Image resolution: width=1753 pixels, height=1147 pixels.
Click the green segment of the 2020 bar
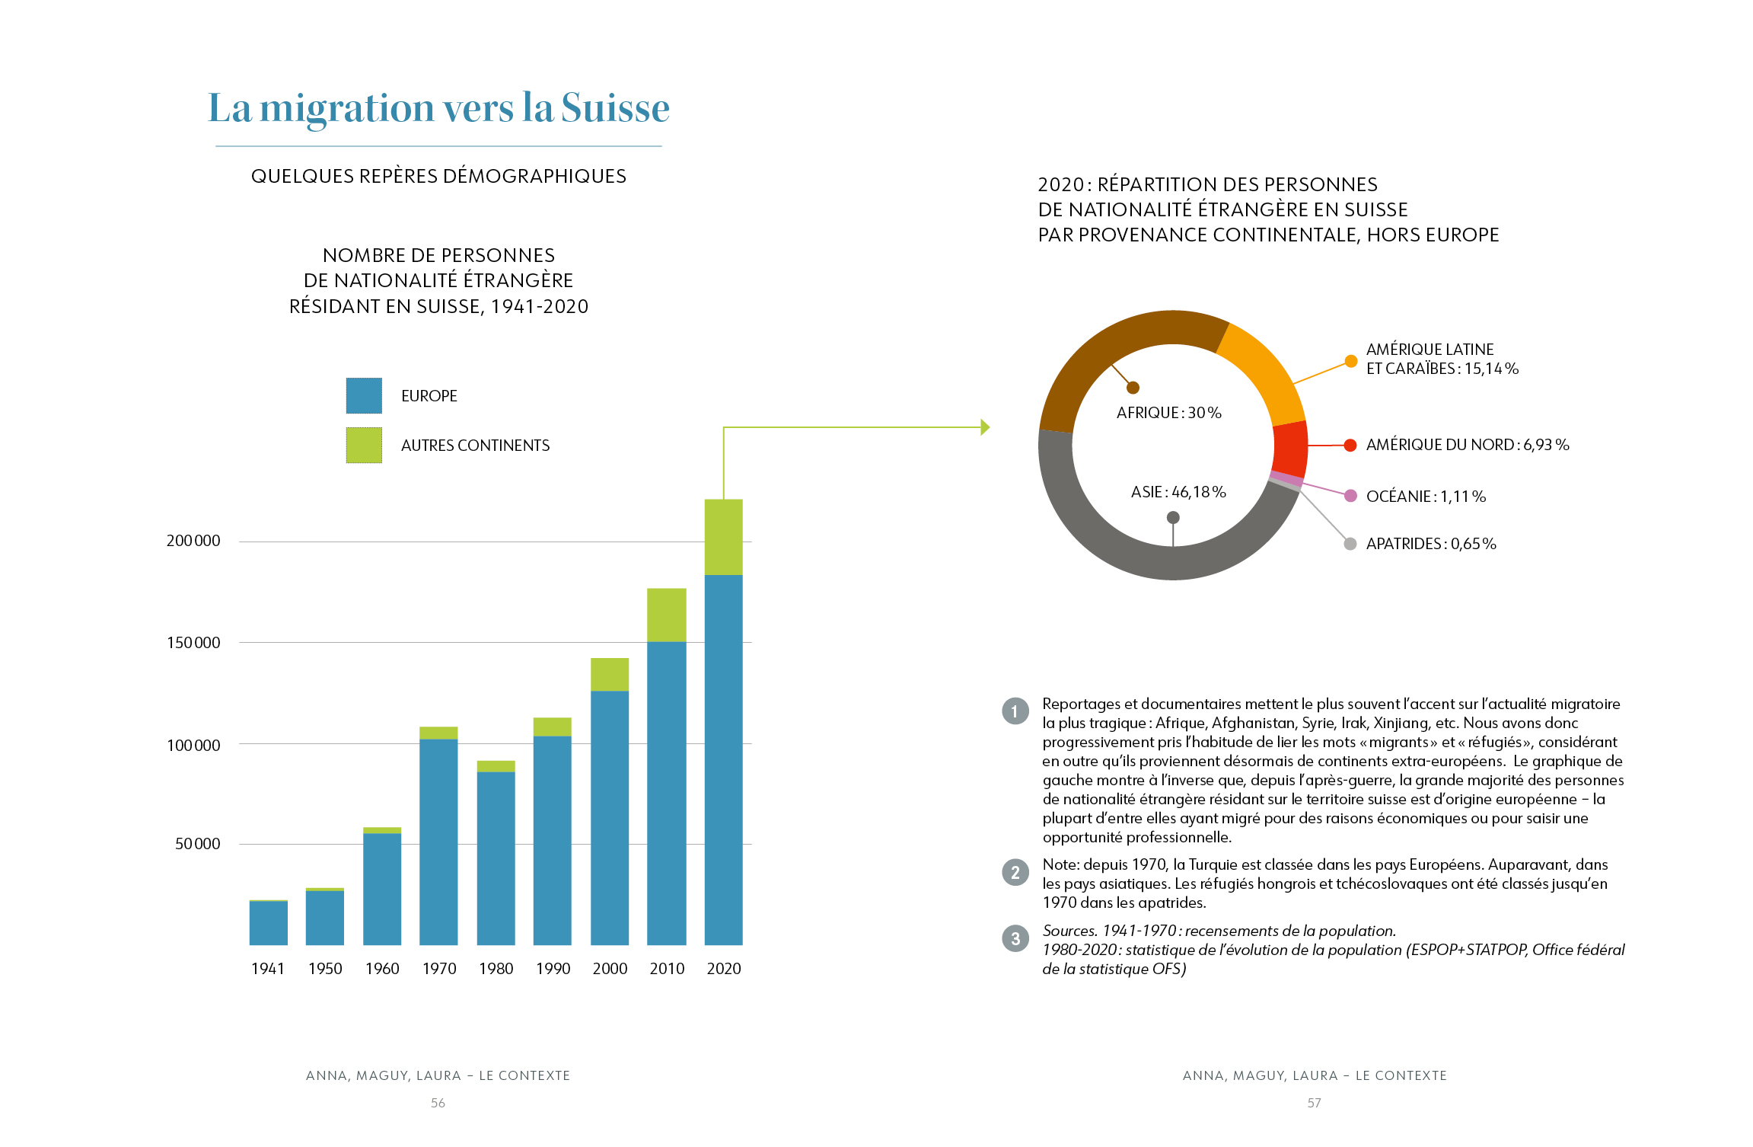[x=723, y=537]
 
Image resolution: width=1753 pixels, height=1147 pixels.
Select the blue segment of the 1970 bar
[x=438, y=842]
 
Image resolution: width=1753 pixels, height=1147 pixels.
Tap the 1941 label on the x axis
[x=268, y=968]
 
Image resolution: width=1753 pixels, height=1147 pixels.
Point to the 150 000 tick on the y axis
[x=193, y=643]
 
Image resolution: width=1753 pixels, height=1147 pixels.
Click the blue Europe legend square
[x=364, y=396]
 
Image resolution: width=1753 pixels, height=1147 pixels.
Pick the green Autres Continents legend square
[x=364, y=445]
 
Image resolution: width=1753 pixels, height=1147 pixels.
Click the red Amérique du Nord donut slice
[x=1290, y=449]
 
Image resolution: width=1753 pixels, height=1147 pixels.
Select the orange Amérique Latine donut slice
[x=1261, y=369]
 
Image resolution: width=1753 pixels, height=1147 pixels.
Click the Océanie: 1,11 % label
[x=1426, y=497]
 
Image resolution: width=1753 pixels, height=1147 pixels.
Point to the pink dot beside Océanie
[x=1350, y=496]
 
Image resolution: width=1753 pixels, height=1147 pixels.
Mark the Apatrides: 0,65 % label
[x=1431, y=544]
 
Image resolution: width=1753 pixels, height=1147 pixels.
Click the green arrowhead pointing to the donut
[x=985, y=427]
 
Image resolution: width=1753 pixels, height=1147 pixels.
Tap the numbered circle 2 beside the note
[x=1015, y=873]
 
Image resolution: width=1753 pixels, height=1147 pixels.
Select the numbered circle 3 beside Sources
[x=1015, y=939]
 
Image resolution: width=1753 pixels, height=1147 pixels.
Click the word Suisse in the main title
[x=615, y=108]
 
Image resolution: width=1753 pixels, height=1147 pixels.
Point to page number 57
[x=1314, y=1103]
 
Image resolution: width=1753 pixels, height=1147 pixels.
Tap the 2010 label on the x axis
[x=667, y=968]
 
